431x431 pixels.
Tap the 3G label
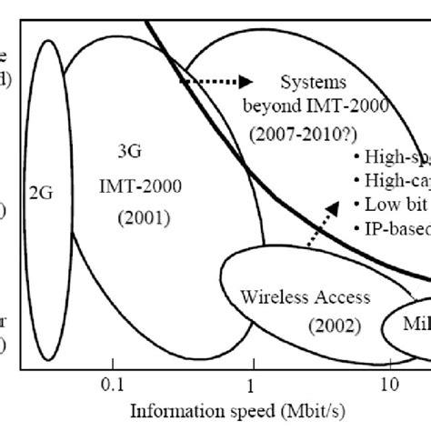click(135, 150)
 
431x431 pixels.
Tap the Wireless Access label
click(305, 296)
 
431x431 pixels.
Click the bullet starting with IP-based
click(390, 228)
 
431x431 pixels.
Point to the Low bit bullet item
click(390, 204)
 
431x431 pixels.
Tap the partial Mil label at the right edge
click(417, 326)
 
